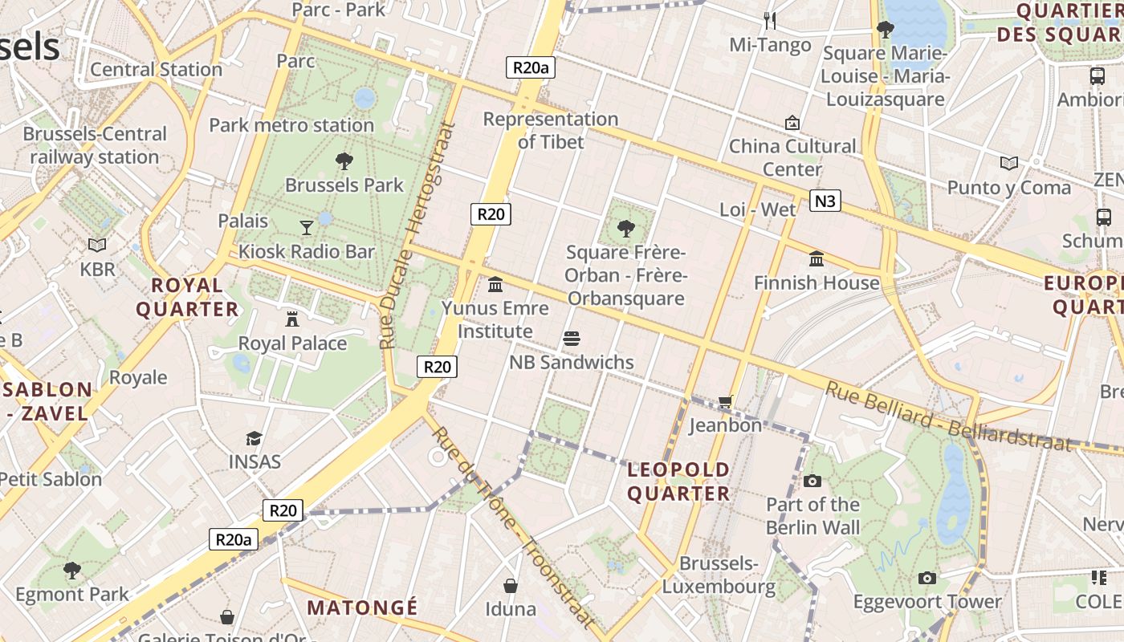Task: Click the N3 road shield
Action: [x=825, y=201]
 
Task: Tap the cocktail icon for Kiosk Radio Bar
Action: [x=306, y=228]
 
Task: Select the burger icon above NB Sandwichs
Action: [x=572, y=339]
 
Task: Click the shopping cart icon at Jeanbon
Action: [x=725, y=401]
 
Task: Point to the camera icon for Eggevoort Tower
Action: [x=927, y=578]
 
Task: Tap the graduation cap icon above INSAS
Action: [x=255, y=438]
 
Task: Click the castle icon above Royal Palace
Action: [x=292, y=319]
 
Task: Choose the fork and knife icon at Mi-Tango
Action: [x=770, y=20]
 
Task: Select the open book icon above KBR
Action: [x=97, y=245]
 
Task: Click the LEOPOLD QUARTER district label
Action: [x=678, y=481]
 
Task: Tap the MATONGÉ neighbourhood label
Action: [x=362, y=607]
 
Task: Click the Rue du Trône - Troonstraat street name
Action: [x=515, y=526]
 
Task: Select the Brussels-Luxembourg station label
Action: [x=719, y=575]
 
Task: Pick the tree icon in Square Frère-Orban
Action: [x=625, y=229]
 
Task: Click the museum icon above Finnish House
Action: [x=817, y=258]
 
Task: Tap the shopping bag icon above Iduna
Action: [x=510, y=586]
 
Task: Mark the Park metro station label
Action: [x=291, y=125]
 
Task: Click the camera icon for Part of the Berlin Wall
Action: [x=812, y=481]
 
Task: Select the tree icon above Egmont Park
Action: [x=72, y=571]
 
